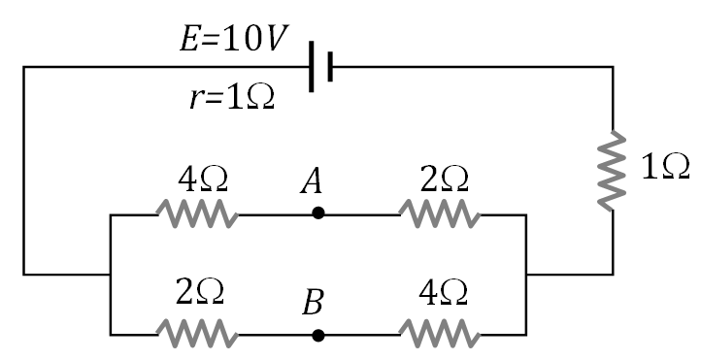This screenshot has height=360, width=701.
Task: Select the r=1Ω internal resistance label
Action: coord(232,98)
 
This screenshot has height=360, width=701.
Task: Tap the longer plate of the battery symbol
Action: coord(312,66)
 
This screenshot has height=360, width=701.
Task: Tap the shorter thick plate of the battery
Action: coord(330,66)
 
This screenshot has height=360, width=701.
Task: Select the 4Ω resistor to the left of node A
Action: coord(198,213)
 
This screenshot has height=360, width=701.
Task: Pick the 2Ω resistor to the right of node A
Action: coord(439,213)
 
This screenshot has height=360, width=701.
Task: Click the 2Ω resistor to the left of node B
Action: coord(198,335)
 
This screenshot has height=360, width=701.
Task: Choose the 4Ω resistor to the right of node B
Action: coord(439,335)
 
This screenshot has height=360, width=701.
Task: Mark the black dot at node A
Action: coord(318,213)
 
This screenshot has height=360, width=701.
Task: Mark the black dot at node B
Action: coord(318,335)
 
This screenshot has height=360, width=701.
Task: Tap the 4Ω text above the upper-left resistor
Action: coord(203,180)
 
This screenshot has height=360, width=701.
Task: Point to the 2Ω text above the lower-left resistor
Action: coord(201,291)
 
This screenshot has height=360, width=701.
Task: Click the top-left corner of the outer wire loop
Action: coord(23,66)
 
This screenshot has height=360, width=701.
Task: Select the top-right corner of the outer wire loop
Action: coord(613,66)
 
